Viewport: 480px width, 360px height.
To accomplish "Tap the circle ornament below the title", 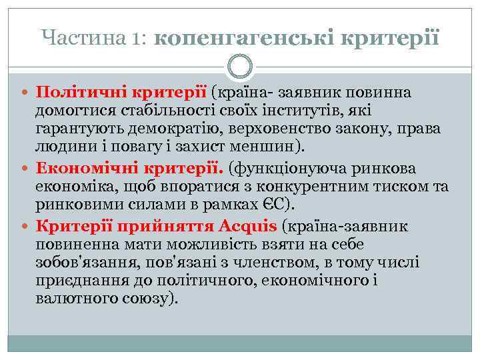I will click(240, 66).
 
